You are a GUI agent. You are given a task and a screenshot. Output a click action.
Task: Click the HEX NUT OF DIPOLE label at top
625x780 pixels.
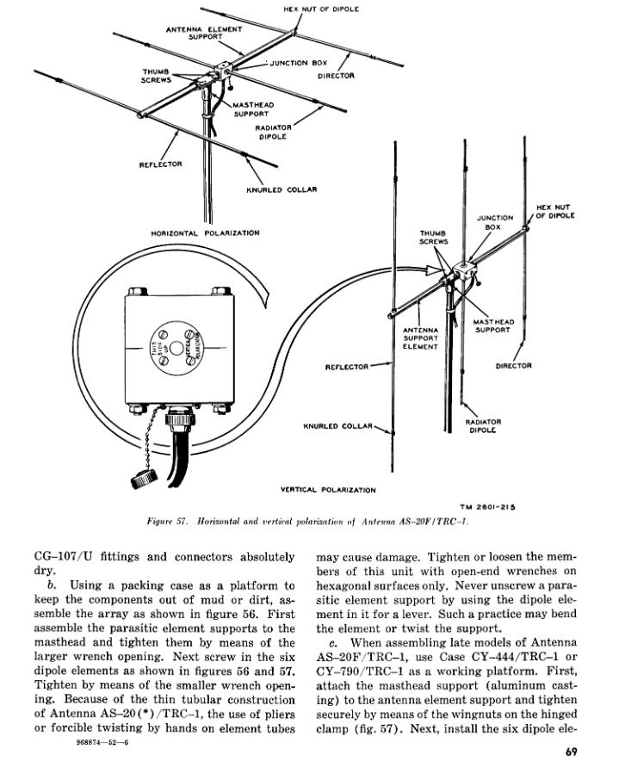tap(321, 9)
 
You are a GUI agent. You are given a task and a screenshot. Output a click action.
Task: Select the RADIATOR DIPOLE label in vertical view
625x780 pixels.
tap(482, 426)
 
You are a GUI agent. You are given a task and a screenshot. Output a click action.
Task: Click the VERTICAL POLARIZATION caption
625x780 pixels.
tap(328, 490)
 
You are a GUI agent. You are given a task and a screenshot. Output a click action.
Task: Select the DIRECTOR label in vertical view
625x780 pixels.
tap(514, 366)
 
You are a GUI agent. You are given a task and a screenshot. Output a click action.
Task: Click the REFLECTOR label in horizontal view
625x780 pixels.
tap(161, 164)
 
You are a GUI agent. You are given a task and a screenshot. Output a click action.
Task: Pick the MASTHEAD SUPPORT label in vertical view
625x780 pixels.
tap(493, 326)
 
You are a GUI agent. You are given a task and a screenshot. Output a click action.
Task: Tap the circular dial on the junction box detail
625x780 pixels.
tap(176, 348)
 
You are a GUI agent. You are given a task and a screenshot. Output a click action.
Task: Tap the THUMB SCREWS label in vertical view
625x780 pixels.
tap(432, 238)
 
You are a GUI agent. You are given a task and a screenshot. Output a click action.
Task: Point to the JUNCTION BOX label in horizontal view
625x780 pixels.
tap(294, 63)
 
